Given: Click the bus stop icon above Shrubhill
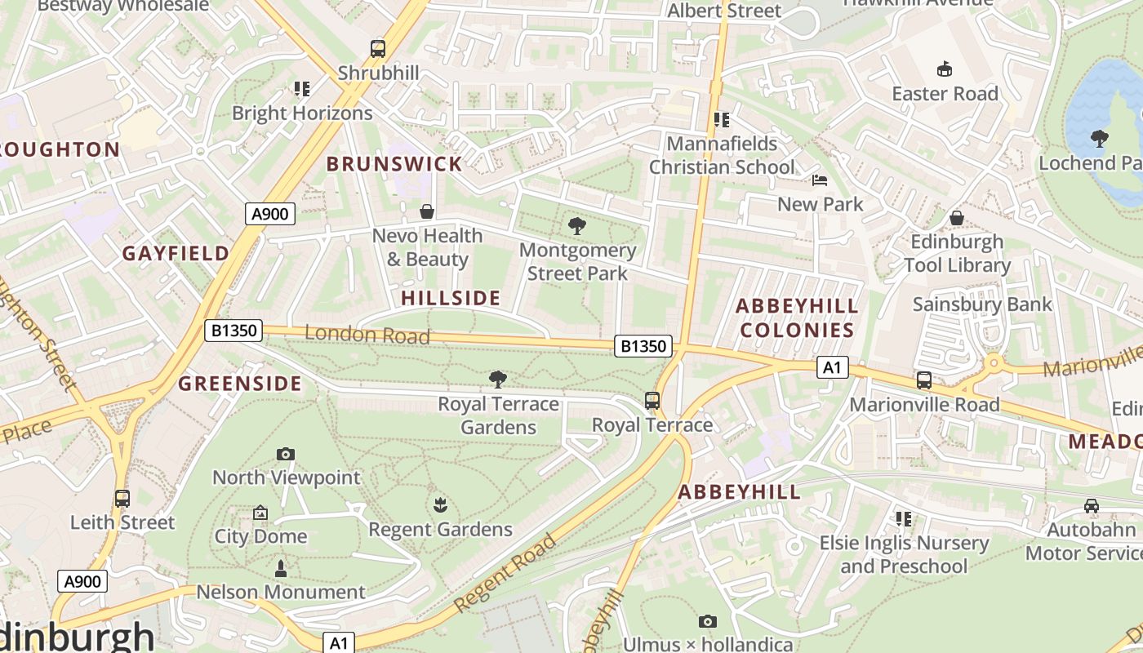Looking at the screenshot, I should pos(377,49).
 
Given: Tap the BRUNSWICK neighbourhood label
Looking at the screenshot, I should pos(394,163).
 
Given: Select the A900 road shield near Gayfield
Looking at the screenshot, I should pos(270,214).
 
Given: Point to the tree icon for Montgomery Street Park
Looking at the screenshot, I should pos(577,226).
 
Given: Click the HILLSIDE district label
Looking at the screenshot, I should pos(451,298).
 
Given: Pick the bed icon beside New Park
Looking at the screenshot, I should pos(820,180).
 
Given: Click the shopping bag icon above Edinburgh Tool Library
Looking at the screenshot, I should pos(957,218).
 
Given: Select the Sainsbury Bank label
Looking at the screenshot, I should pos(982,304).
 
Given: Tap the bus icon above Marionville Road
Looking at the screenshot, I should pos(923,380).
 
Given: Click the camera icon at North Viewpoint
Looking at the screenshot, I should pos(285,454).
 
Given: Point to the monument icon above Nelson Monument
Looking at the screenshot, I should pos(281,568).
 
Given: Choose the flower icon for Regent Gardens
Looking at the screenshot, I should pos(440,505).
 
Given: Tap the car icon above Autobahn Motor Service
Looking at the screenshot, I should pos(1092,506).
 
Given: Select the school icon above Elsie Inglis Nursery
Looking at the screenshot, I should pos(903,518).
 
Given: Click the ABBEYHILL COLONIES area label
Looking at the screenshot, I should pos(797,318).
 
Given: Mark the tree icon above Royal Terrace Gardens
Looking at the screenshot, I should pos(498,380).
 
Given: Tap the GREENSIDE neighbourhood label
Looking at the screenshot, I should pos(240,384).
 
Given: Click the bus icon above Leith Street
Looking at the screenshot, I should pos(122,498).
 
